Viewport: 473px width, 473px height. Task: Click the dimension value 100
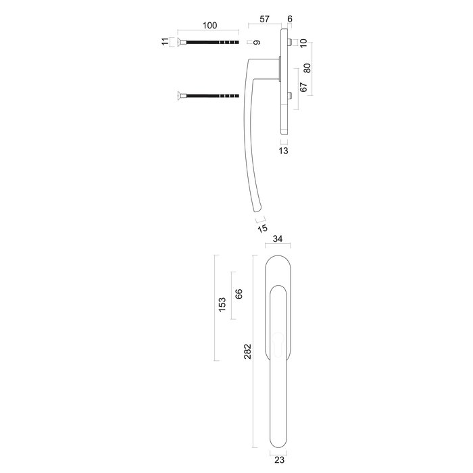coord(209,26)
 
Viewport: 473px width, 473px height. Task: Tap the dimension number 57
coord(266,20)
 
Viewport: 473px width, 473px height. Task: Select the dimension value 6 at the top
coord(290,20)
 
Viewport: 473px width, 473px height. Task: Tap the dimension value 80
coord(307,68)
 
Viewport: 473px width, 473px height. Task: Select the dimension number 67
coord(303,87)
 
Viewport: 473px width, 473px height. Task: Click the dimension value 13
coord(284,151)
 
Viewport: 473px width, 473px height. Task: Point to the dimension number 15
coord(263,228)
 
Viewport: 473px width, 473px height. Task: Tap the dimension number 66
coord(239,295)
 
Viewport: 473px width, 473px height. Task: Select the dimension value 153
coord(222,306)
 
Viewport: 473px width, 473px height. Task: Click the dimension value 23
coord(278,459)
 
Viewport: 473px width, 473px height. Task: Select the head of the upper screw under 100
coord(181,42)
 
